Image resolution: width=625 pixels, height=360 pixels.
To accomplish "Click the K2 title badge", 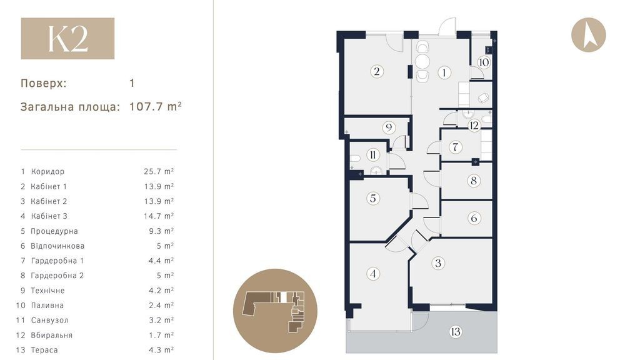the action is (67, 38).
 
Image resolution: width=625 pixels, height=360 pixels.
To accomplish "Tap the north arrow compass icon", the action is (588, 34).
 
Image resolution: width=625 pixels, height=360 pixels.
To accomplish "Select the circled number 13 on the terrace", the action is (456, 331).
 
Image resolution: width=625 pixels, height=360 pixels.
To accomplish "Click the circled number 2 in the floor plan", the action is (377, 71).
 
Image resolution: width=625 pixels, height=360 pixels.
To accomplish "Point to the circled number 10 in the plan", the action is (484, 62).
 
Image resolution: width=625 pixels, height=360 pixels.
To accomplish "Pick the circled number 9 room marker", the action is (389, 127).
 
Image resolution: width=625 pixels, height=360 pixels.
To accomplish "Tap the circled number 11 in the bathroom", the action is (372, 154).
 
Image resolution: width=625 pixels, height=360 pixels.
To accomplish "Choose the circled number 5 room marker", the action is (373, 198).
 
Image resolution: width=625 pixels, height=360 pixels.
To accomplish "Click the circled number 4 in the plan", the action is (373, 274).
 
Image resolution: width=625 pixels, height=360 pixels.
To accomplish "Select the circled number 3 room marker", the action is (438, 263).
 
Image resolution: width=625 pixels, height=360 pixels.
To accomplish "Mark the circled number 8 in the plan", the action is (474, 181).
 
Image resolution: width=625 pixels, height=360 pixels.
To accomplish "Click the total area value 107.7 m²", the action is (156, 106).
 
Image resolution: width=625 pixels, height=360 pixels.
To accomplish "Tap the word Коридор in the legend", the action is (47, 171).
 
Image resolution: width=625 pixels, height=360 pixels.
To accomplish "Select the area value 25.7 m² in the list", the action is (159, 171).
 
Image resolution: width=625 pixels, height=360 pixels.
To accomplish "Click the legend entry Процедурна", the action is (54, 231).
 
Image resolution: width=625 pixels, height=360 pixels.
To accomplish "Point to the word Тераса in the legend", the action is (44, 350).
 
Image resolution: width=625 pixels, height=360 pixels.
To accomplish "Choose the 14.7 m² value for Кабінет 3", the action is (159, 216).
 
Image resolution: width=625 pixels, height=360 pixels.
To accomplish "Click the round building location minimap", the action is (275, 311).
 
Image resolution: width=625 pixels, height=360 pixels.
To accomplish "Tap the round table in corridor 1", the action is (422, 62).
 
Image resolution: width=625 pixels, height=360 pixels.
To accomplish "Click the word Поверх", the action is (44, 84).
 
